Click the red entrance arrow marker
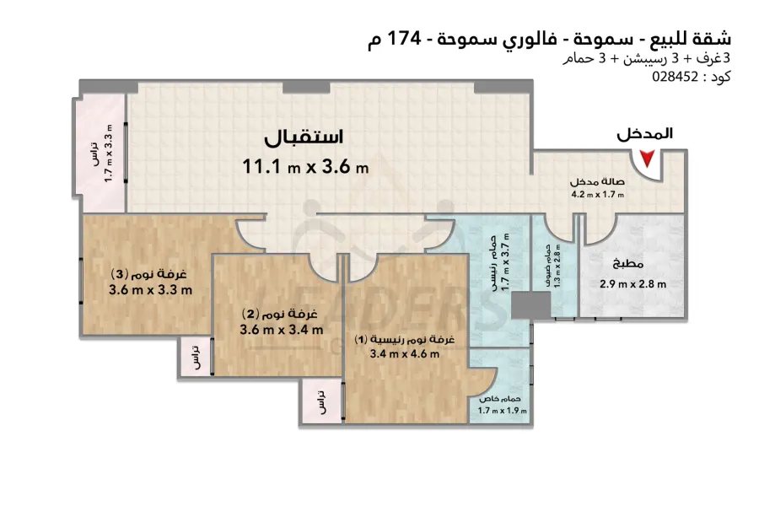tap(647, 159)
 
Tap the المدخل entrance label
tap(645, 133)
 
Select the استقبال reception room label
tap(304, 137)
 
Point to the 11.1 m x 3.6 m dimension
tap(305, 167)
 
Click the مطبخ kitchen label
tap(628, 264)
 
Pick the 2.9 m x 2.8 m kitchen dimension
tap(633, 284)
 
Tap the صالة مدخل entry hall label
tap(597, 182)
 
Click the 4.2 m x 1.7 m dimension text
tap(598, 195)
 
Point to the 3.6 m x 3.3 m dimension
tap(151, 290)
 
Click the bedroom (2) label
tap(280, 315)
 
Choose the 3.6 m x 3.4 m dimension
tap(281, 331)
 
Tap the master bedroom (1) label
tap(404, 340)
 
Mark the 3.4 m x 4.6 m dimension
tap(405, 354)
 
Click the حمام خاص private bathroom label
tap(500, 400)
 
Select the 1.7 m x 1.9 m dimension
tap(502, 411)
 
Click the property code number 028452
tap(676, 77)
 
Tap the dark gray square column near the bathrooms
tap(531, 305)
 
